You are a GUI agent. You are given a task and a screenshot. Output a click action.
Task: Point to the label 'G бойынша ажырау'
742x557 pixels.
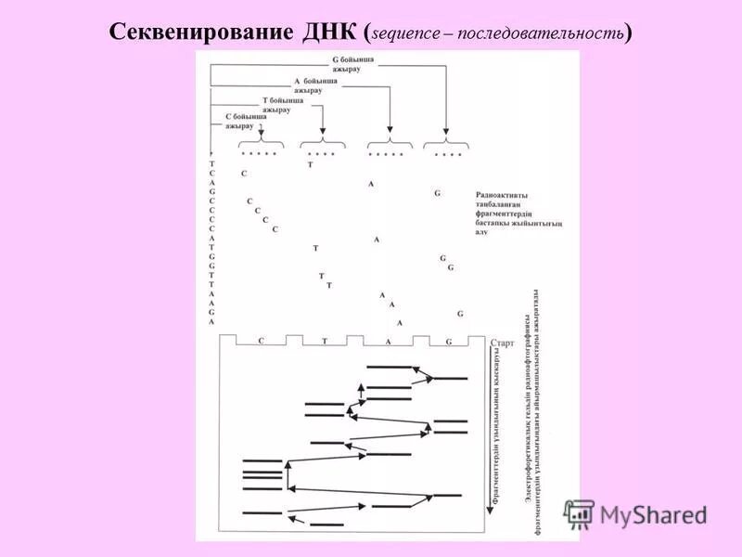pos(353,63)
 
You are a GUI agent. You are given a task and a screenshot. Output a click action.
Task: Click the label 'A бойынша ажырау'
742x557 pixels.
pos(316,86)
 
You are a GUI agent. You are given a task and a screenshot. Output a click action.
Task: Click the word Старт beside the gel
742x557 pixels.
pos(501,343)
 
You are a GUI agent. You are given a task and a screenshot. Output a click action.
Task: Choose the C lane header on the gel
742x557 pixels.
pos(262,342)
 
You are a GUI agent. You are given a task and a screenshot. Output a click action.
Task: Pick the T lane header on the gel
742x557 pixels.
pos(325,342)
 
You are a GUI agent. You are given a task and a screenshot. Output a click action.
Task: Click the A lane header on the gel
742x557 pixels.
pos(388,342)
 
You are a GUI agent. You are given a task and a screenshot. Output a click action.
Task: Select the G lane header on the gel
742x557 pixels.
pos(449,342)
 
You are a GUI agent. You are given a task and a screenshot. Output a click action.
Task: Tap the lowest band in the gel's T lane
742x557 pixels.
pos(326,525)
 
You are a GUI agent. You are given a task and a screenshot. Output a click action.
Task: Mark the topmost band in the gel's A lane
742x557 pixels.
pos(389,368)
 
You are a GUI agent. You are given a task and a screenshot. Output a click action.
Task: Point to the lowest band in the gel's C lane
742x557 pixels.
pos(262,512)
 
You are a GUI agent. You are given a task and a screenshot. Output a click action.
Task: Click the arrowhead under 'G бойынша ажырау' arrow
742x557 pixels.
pos(447,135)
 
